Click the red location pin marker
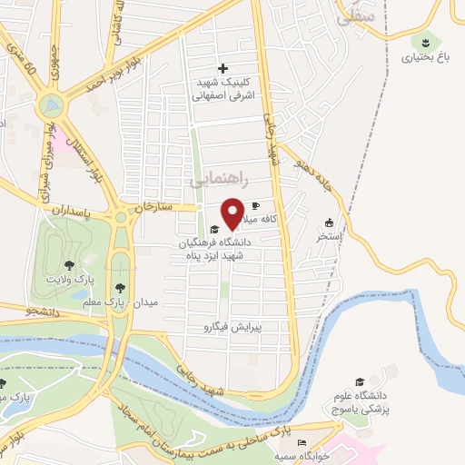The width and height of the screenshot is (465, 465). pyautogui.click(x=232, y=213)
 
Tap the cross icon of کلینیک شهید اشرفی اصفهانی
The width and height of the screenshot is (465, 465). pyautogui.click(x=223, y=68)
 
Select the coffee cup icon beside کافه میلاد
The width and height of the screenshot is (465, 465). pyautogui.click(x=255, y=205)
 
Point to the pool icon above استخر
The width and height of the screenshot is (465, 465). pyautogui.click(x=329, y=223)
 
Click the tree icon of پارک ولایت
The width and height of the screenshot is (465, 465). pyautogui.click(x=69, y=265)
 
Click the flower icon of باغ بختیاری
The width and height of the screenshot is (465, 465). pyautogui.click(x=425, y=42)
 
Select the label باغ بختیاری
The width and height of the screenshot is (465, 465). pyautogui.click(x=423, y=56)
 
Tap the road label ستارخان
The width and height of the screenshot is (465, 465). pyautogui.click(x=153, y=208)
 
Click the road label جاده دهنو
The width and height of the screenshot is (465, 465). pyautogui.click(x=311, y=171)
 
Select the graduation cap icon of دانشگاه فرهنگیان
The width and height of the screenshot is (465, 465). pyautogui.click(x=214, y=229)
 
